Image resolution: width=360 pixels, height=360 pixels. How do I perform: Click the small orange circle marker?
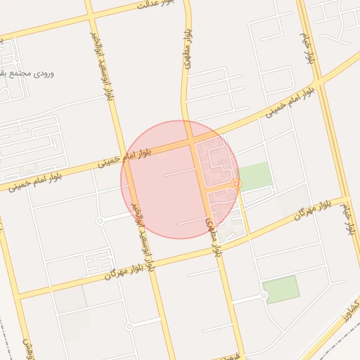(x=236, y=184)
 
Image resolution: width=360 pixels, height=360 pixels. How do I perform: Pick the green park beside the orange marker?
(x=255, y=176)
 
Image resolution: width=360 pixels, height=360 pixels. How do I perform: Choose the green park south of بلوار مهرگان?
(x=282, y=289)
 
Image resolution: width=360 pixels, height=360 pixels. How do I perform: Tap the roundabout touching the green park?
(x=264, y=295)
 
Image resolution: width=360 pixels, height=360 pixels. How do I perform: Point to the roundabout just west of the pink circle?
(x=101, y=221)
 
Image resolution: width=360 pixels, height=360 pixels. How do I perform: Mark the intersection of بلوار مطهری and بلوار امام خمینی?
(x=191, y=141)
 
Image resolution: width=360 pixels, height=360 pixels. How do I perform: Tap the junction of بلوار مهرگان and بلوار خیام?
(x=344, y=199)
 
